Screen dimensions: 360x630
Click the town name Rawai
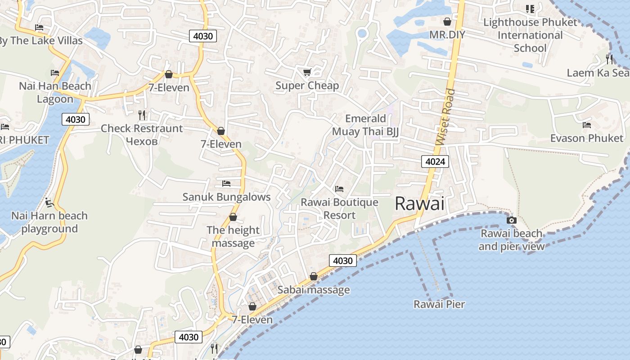click(419, 204)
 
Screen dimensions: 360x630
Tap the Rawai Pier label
click(439, 304)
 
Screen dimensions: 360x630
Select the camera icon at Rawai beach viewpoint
click(511, 220)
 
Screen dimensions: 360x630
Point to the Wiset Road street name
click(445, 117)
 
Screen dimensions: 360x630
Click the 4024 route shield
click(435, 161)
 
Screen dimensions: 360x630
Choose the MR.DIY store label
click(447, 35)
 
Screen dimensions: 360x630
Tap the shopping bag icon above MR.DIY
click(447, 22)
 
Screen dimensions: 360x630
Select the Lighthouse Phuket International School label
click(530, 35)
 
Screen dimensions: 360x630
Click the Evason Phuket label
click(587, 138)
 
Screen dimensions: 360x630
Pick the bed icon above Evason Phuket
click(587, 125)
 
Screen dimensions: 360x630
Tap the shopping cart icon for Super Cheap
click(307, 72)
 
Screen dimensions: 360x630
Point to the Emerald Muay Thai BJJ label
click(365, 125)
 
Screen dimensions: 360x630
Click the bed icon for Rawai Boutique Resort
click(339, 189)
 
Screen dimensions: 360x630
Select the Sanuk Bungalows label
click(226, 197)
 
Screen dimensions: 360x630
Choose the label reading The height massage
click(233, 237)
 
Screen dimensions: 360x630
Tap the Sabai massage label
click(313, 290)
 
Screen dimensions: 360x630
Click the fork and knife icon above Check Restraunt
click(142, 115)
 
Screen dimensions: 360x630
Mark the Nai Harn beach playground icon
click(49, 202)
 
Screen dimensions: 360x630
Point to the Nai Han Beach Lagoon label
click(55, 92)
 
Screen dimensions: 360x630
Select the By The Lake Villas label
click(40, 41)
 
